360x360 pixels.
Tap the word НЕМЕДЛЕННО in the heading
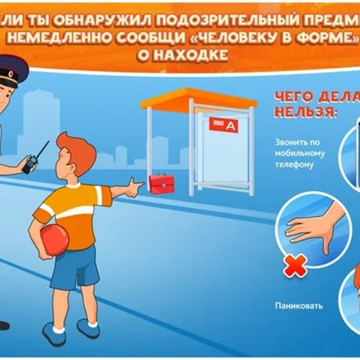[x=68, y=37]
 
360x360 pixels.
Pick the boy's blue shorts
[x=76, y=268]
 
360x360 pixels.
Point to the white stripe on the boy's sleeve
[x=45, y=212]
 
